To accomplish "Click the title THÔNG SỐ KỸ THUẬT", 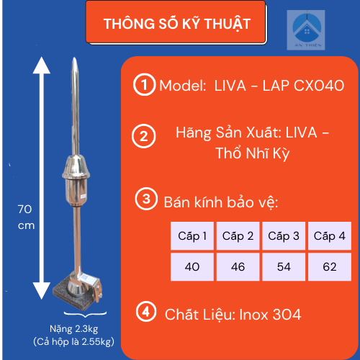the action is tap(177, 24).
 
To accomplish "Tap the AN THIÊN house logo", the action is tap(306, 30).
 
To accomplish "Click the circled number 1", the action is tap(144, 84).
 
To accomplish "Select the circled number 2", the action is tap(143, 136).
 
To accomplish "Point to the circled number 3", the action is tap(146, 199).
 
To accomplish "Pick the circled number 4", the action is tap(146, 312).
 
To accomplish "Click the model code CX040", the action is tap(319, 86).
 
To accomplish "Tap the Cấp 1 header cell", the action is tap(192, 235).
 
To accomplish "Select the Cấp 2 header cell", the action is tap(238, 235).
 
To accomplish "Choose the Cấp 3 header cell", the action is tap(284, 235).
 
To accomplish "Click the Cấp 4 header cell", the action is tap(330, 235).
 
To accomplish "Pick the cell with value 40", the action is tap(192, 266).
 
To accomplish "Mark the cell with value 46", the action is tap(238, 266).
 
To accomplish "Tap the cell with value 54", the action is tap(284, 266).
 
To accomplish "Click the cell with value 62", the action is tap(330, 266).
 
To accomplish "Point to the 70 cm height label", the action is tap(26, 217).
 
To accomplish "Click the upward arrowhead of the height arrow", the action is tap(42, 65).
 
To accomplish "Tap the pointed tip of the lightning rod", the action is tap(75, 58).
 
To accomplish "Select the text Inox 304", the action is tap(270, 315).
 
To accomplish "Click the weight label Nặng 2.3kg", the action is tap(74, 329).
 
